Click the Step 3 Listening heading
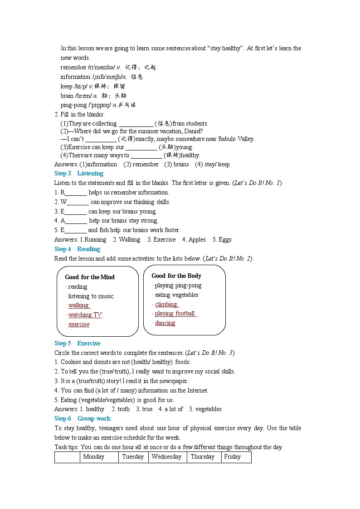[78, 174]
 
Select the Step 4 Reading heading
[77, 249]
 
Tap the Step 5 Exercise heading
[77, 344]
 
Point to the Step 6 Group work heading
[82, 419]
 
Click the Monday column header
[94, 457]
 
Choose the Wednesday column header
[166, 457]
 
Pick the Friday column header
[232, 457]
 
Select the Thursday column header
[202, 457]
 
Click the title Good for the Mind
[90, 277]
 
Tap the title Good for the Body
[176, 276]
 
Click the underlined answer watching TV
[85, 315]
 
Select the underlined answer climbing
[166, 305]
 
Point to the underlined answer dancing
[165, 323]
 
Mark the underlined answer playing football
[175, 314]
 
